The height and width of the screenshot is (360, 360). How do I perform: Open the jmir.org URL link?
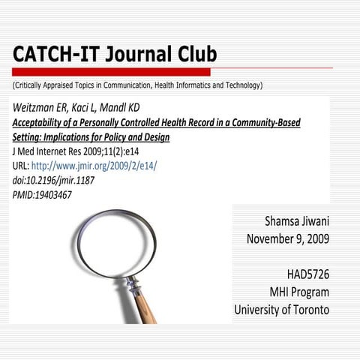point(94,166)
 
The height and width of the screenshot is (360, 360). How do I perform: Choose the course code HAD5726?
point(307,274)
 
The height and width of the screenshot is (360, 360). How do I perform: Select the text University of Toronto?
point(281,309)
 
